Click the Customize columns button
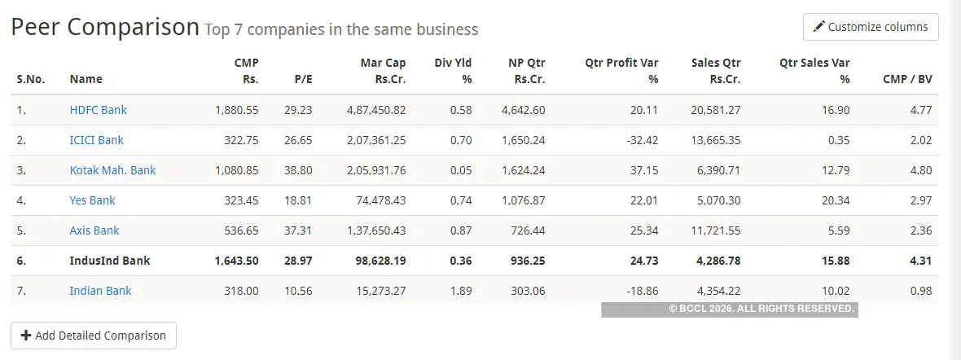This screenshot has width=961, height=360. click(x=871, y=27)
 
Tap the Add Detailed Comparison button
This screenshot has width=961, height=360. click(x=94, y=336)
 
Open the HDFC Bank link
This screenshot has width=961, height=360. click(x=99, y=110)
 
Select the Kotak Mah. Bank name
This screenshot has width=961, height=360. click(x=112, y=170)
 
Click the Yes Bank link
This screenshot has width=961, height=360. click(x=93, y=200)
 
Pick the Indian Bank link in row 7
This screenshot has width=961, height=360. click(x=100, y=291)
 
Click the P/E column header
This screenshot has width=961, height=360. click(x=302, y=79)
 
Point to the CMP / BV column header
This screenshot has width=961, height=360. click(x=907, y=79)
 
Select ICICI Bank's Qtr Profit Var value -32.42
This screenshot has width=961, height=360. click(x=641, y=140)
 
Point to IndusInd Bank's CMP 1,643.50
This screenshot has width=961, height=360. click(x=236, y=261)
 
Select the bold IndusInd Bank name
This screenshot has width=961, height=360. click(x=110, y=261)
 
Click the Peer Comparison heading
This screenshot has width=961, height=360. click(x=104, y=28)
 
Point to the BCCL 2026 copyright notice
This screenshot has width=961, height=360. click(x=761, y=310)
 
